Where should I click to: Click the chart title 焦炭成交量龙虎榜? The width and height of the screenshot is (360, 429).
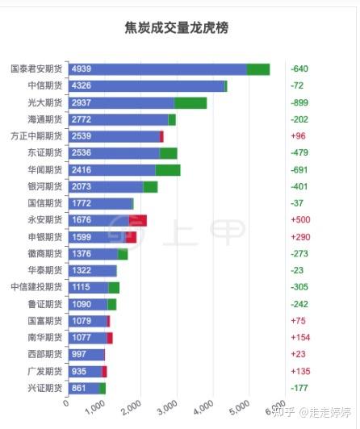click(x=177, y=27)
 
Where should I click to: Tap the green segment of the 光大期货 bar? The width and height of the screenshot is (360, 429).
click(x=190, y=103)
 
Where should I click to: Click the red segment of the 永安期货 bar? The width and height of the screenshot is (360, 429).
click(x=138, y=220)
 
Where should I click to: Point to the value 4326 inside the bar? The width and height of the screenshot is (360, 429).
click(x=82, y=86)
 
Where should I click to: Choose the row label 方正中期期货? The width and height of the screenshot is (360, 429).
click(x=36, y=136)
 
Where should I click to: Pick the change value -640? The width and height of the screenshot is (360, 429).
click(x=300, y=69)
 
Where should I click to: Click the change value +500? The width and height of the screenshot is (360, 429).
click(x=301, y=220)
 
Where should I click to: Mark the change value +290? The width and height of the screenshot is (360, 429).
click(x=301, y=237)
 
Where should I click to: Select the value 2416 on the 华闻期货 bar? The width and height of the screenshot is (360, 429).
click(x=82, y=170)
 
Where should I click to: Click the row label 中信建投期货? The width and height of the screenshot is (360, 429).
click(x=36, y=287)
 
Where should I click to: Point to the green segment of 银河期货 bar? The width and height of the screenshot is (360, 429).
click(x=150, y=187)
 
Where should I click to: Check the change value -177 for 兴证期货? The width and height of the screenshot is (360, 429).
click(x=300, y=388)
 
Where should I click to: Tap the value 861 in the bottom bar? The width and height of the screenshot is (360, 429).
click(x=79, y=388)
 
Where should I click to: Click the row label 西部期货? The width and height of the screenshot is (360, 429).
click(x=44, y=354)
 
